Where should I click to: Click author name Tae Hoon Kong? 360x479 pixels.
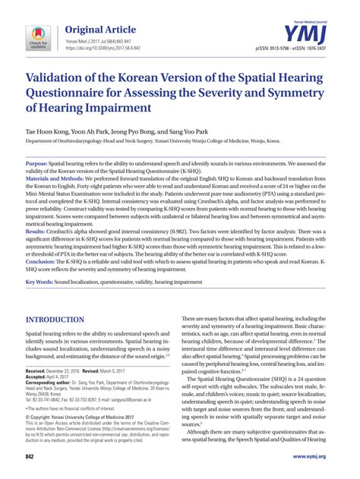pyautogui.click(x=46, y=143)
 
